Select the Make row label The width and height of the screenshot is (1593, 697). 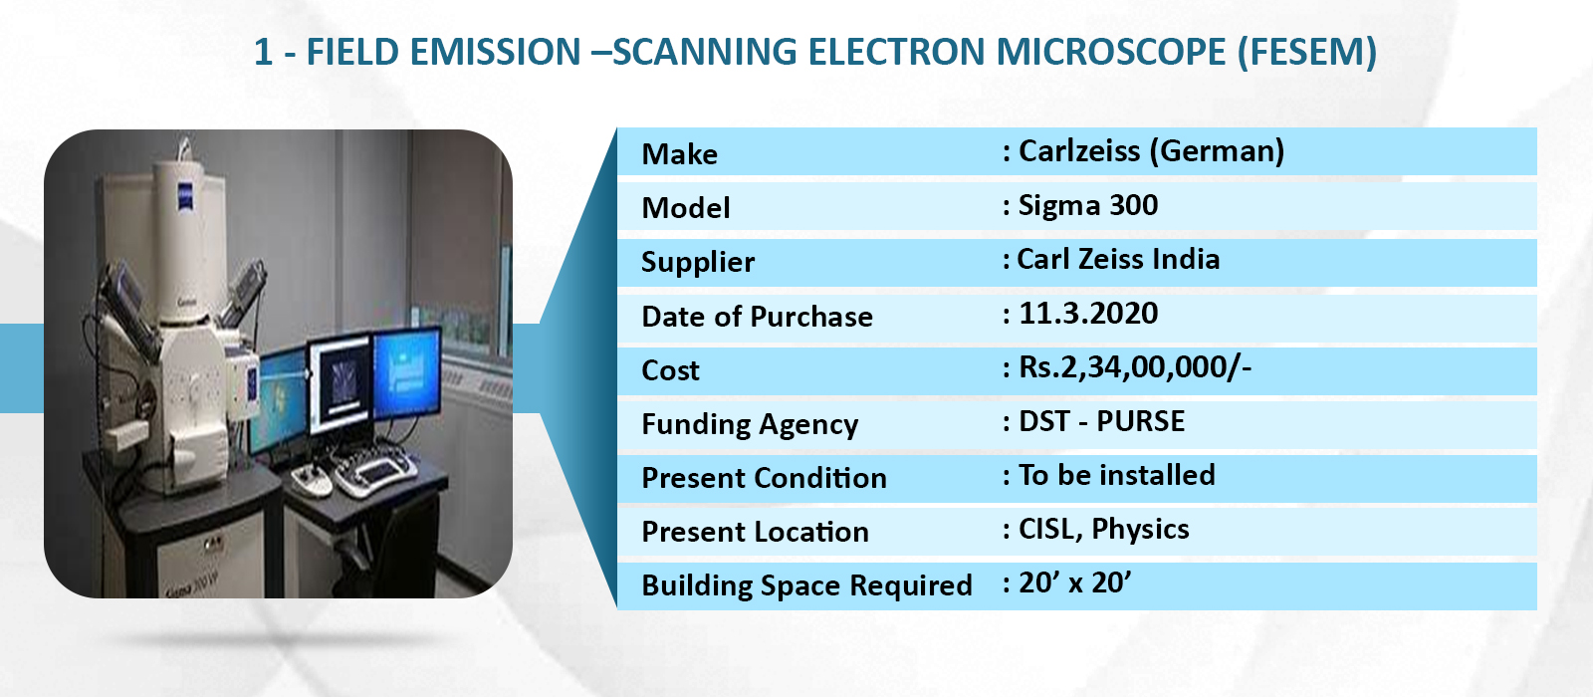coord(679,154)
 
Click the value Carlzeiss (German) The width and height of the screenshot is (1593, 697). coord(1151,151)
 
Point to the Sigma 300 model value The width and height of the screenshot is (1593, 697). coord(1088,205)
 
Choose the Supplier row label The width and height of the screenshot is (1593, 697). coord(698,263)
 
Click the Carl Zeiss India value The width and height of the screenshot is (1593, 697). coord(1118,259)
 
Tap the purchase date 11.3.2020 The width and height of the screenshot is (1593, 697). coord(1088,314)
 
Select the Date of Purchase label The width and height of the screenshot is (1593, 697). coord(757,317)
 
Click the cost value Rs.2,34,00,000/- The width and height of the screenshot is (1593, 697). coord(1135,367)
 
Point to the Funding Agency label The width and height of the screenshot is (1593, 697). coord(750,424)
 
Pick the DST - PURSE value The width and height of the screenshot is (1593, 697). coord(1101,421)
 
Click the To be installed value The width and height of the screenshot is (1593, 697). coord(1116,475)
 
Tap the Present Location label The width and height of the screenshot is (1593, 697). coord(756,532)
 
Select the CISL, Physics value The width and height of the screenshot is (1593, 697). coord(1104,529)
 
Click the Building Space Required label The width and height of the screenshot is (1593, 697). coord(806,586)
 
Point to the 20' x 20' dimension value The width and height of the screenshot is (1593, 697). coord(1074,582)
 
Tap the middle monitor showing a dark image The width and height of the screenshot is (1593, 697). coord(341,384)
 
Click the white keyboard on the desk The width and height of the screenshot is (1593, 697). coord(375,473)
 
